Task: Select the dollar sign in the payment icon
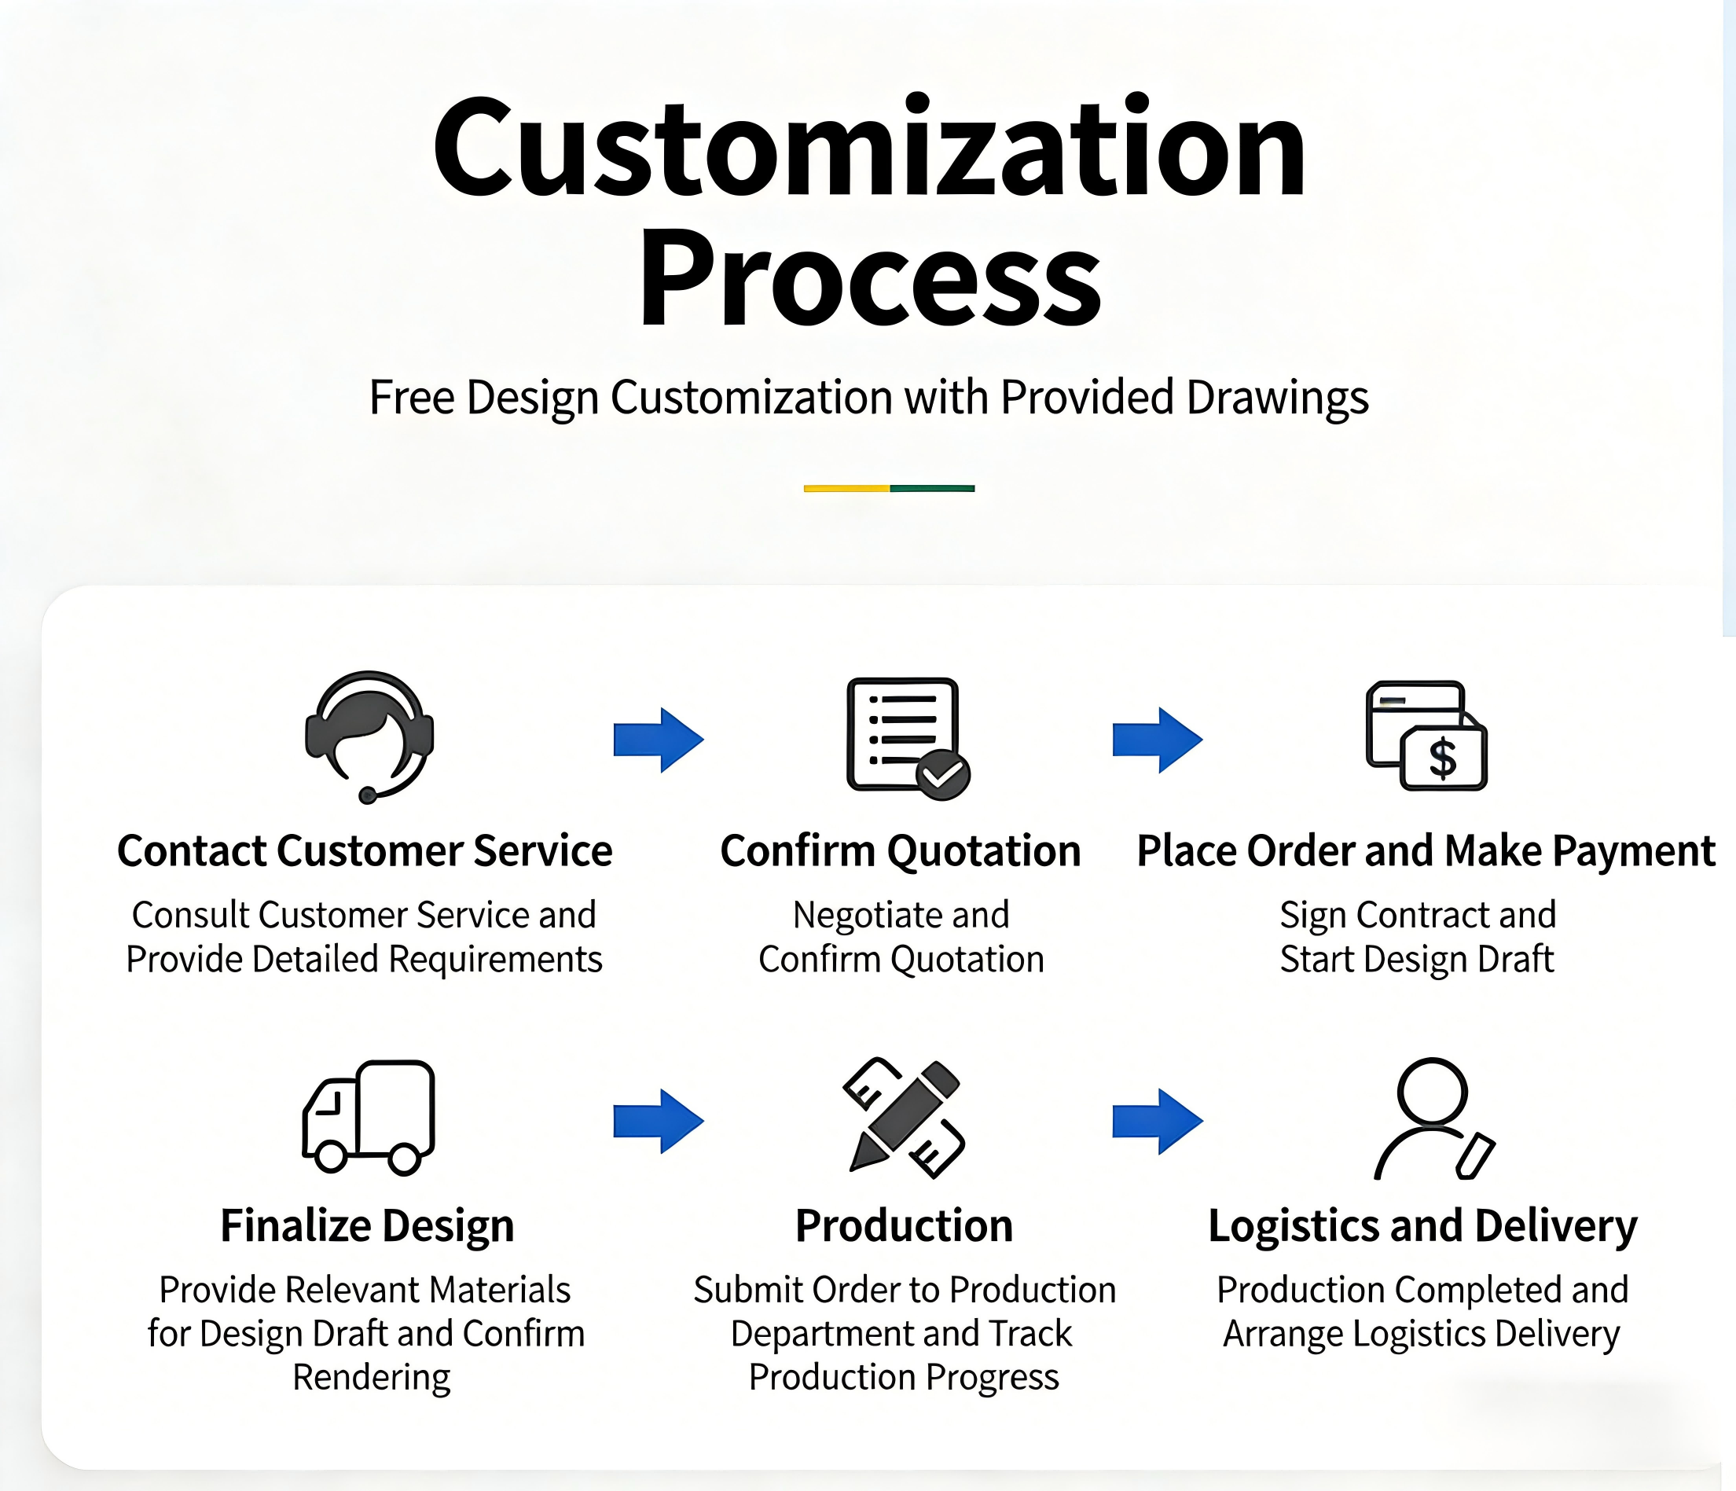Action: [x=1443, y=758]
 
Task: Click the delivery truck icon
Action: [x=369, y=1117]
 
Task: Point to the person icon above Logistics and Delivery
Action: [x=1433, y=1117]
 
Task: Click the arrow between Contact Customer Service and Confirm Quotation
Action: [x=659, y=740]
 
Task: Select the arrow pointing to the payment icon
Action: [x=1157, y=740]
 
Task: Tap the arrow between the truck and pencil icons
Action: [x=659, y=1121]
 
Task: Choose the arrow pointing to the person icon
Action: [x=1157, y=1121]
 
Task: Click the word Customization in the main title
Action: [x=869, y=149]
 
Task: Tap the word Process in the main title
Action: [x=869, y=278]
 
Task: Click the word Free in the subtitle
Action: [x=411, y=397]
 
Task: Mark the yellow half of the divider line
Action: [x=846, y=488]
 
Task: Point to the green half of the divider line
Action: [x=932, y=488]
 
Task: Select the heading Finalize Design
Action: [x=367, y=1226]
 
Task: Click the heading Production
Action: [x=904, y=1226]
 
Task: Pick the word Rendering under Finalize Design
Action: [x=371, y=1377]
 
